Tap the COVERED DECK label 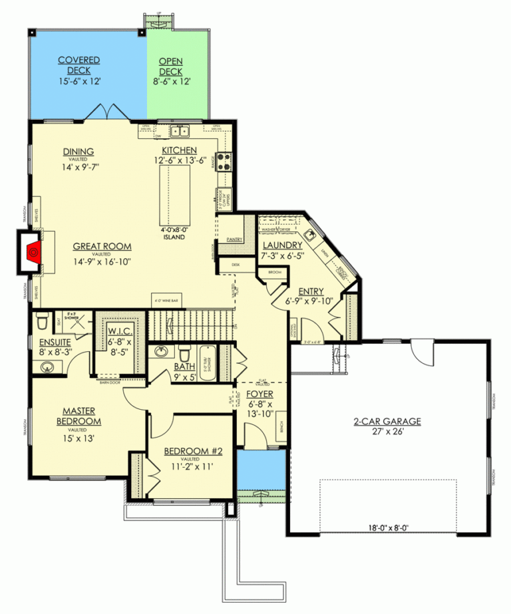(x=79, y=65)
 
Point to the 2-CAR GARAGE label (x=387, y=422)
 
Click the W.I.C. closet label (x=121, y=331)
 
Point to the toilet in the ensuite (x=41, y=323)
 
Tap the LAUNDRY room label (x=283, y=245)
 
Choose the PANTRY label (x=234, y=239)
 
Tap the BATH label (x=184, y=366)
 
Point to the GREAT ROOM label (x=102, y=245)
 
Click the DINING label (x=79, y=151)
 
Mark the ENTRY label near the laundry (x=311, y=291)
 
